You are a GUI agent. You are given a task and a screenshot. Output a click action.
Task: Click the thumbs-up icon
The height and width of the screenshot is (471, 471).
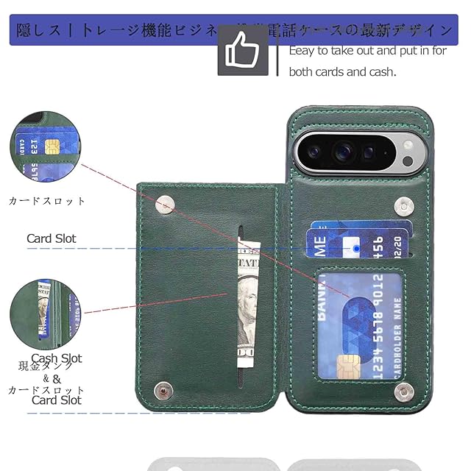click(243, 51)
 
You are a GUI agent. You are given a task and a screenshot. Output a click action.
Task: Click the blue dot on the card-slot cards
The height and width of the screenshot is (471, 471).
click(357, 249)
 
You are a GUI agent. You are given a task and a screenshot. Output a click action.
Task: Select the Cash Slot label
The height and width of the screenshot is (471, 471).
click(57, 359)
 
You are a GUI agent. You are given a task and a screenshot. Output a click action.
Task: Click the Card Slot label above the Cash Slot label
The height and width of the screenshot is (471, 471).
click(52, 238)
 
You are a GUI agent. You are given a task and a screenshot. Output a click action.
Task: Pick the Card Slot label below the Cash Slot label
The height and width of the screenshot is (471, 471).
click(57, 400)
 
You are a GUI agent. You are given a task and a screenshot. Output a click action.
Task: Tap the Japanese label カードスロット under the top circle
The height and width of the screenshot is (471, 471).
click(47, 200)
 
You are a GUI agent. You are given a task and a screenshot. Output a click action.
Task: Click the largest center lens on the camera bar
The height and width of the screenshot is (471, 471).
click(342, 152)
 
